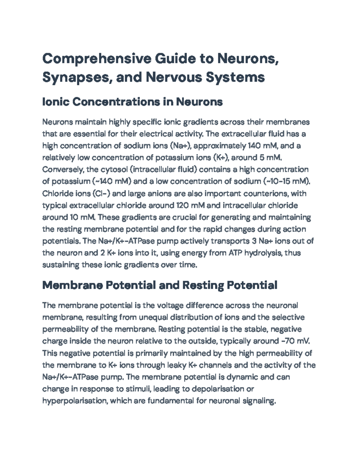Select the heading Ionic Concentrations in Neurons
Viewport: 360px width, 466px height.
click(132, 102)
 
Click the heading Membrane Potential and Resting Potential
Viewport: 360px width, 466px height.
click(160, 285)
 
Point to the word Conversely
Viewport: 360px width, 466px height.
click(63, 170)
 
